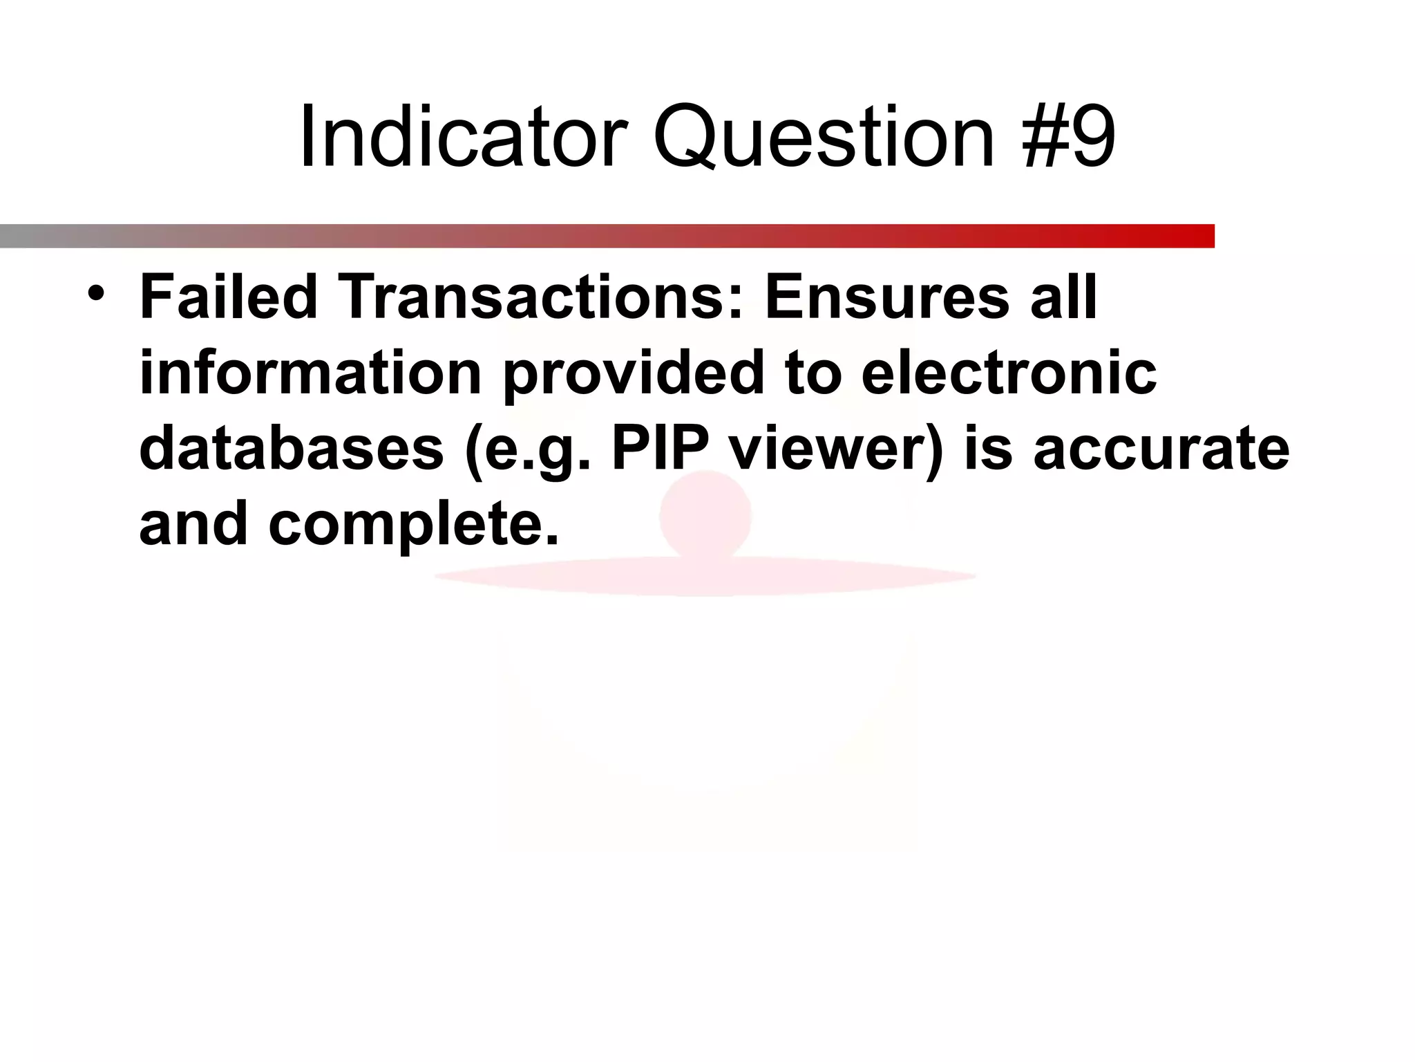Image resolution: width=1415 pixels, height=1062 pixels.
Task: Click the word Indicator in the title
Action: [x=463, y=136]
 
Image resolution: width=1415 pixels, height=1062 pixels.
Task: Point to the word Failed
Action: [x=229, y=297]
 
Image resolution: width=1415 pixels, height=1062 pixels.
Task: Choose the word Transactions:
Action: [x=540, y=297]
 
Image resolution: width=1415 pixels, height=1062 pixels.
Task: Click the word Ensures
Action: [x=887, y=297]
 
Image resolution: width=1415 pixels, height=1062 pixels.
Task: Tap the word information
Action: [x=310, y=373]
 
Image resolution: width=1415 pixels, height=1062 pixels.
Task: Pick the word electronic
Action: [x=1009, y=373]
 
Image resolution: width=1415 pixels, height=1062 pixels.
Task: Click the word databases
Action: [x=291, y=448]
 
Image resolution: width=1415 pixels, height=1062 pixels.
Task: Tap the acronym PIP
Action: [x=660, y=448]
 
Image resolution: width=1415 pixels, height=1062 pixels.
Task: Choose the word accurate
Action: [x=1161, y=448]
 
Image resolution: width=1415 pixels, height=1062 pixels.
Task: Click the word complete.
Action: [x=413, y=524]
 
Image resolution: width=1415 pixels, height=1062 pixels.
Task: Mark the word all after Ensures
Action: [x=1064, y=297]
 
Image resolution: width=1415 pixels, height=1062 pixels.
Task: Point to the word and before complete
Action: [x=193, y=523]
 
